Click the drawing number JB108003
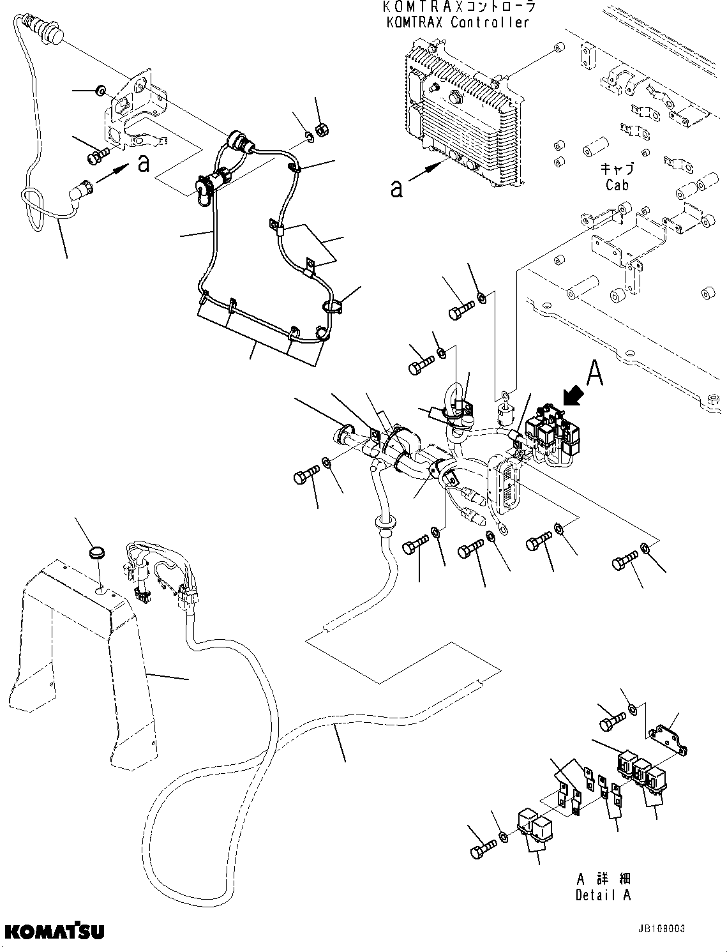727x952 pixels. (661, 928)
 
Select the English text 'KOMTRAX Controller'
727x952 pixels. (458, 22)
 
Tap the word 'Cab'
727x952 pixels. (617, 185)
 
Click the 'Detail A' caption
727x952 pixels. (603, 895)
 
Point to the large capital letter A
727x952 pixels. (594, 375)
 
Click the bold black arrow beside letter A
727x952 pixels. (572, 397)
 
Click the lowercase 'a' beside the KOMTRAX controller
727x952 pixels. (397, 188)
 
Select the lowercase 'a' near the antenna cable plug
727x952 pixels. (144, 163)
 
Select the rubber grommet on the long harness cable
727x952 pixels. (382, 524)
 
